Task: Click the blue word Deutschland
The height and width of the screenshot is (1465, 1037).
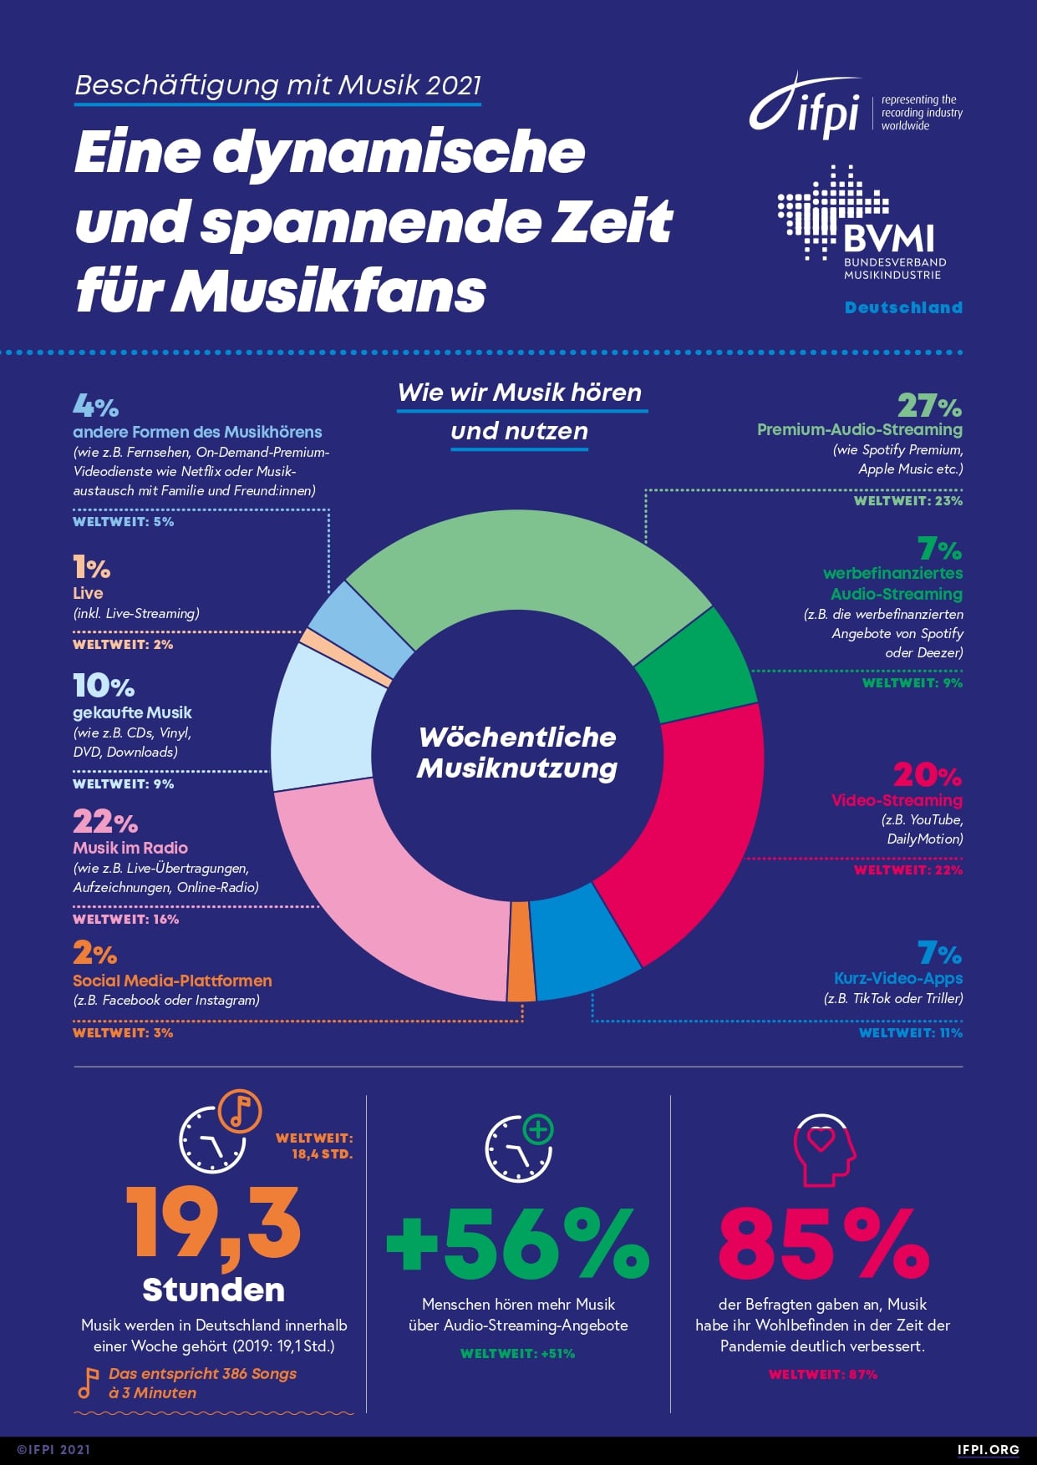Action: tap(903, 307)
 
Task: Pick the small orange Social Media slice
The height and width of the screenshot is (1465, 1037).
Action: tap(521, 951)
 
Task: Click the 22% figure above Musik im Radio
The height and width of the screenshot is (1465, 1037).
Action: tap(104, 822)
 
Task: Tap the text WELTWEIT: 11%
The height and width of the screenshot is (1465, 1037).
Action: tap(910, 1033)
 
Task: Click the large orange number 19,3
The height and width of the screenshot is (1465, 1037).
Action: tap(213, 1224)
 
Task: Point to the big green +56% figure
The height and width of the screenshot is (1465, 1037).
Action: tap(518, 1244)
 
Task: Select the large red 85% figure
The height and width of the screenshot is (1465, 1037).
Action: tap(823, 1244)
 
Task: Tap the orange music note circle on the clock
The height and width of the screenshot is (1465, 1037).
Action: tap(240, 1112)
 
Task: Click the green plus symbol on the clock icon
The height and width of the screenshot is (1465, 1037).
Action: tap(538, 1130)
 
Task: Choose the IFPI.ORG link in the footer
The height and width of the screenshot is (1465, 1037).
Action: tap(988, 1450)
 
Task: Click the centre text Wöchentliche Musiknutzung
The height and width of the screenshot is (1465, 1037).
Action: tap(517, 753)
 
